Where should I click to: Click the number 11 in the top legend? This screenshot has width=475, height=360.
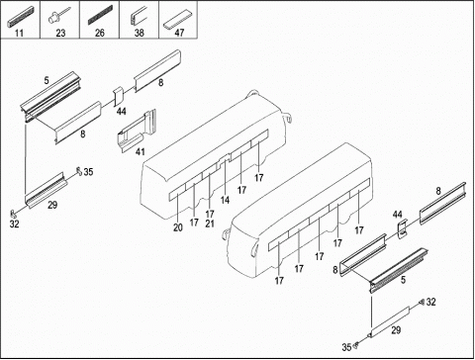tap(20, 33)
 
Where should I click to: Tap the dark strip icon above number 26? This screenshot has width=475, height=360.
tap(100, 15)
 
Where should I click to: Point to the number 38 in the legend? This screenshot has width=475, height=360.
tap(140, 33)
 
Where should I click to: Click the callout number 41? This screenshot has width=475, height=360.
tap(141, 152)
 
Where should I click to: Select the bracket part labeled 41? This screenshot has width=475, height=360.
tap(136, 131)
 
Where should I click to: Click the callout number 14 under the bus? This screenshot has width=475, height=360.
tap(225, 200)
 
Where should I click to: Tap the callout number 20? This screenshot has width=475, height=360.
tap(178, 227)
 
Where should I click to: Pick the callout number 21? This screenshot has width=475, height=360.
tap(210, 224)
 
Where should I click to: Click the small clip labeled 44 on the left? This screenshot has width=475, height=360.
tap(119, 97)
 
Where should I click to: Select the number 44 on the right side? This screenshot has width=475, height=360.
tap(398, 215)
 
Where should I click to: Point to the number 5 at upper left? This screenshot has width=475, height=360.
tap(47, 80)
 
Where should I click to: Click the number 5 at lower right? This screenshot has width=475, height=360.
tap(403, 280)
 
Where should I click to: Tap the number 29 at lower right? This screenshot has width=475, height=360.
tap(396, 330)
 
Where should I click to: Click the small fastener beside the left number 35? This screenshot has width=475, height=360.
tap(79, 171)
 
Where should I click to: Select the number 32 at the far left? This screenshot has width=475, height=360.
tap(14, 225)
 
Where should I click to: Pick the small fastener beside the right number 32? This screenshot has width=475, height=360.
tap(422, 302)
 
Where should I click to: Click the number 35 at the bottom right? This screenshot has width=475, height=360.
tap(346, 347)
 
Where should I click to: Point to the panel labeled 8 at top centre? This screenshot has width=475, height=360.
tap(157, 71)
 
